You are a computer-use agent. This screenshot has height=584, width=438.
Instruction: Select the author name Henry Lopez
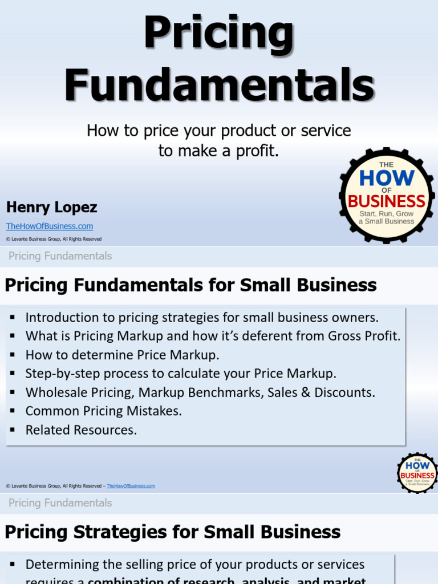coord(51,207)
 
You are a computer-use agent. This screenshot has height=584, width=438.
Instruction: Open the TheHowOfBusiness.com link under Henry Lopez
coord(50,226)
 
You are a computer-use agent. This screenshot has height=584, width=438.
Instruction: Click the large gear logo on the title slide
coord(387,196)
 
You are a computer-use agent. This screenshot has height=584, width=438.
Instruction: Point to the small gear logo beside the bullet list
coord(417,473)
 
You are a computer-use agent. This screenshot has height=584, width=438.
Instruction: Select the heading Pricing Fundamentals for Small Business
coord(190,285)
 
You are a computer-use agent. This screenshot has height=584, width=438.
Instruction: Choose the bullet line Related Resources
coord(81,429)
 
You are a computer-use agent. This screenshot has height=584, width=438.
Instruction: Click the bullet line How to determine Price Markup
coord(122,355)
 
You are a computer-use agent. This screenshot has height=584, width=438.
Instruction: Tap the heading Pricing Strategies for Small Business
coord(172,532)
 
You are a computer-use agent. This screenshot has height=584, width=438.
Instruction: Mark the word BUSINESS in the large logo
coord(387,201)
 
